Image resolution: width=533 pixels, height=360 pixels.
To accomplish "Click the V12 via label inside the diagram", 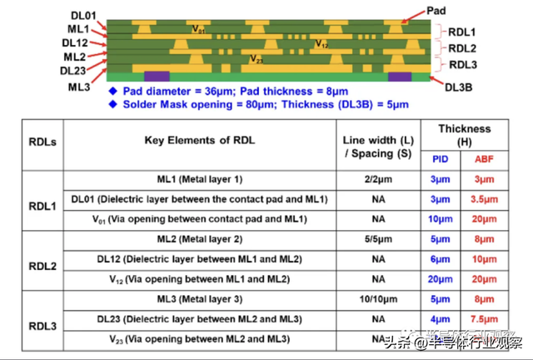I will coord(321,43).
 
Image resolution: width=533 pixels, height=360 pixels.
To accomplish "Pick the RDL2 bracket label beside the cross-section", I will coord(463,48).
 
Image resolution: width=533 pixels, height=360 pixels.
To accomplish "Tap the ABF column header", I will coord(484,158).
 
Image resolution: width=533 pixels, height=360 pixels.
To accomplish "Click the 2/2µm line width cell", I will coord(378,179).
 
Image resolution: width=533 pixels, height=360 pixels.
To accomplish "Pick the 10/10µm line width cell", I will coord(378,299).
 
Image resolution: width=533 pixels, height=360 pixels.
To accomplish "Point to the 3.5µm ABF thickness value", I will coord(484,199).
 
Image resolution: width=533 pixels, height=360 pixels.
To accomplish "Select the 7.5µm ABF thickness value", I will coord(484,319).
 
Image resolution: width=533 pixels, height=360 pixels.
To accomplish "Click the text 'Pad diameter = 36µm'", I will coord(187,90).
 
